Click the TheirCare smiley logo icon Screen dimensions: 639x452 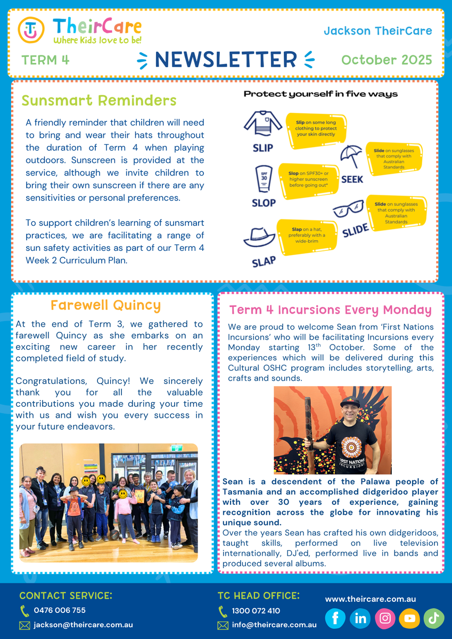31,30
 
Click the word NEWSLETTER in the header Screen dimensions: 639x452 226,60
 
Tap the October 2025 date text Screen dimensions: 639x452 387,60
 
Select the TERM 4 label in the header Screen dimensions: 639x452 46,60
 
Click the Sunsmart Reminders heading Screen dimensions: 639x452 99,100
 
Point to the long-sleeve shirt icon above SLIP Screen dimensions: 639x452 262,124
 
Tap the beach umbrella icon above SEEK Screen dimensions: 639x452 352,156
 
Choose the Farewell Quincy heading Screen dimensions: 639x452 105,305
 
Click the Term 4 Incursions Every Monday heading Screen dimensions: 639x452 331,310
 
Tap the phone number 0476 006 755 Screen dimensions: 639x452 60,610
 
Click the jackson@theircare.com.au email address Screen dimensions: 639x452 83,625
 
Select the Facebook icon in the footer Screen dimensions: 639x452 335,618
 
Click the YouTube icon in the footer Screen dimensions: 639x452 409,618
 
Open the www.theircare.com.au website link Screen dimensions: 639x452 371,599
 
